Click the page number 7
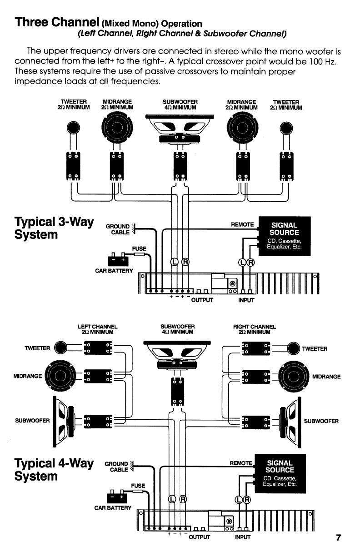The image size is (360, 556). pos(338,538)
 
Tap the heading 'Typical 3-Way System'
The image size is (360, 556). pos(54,228)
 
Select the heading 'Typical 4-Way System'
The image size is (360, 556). pos(54,470)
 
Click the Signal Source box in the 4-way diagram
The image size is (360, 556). pos(280,473)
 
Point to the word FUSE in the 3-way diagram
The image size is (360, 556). pos(139,248)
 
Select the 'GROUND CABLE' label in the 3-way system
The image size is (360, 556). pos(118,230)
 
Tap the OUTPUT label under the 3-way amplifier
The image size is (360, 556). pos(203,300)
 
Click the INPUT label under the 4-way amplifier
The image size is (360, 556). pos(242,537)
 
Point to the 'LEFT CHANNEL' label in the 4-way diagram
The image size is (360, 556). pos(99,327)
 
